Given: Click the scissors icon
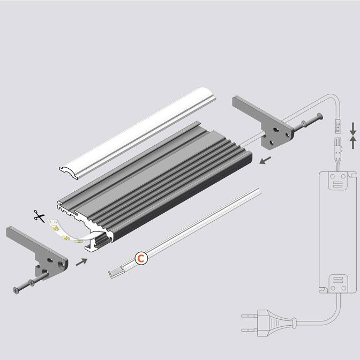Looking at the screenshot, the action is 39,216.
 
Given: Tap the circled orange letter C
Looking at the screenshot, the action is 141,259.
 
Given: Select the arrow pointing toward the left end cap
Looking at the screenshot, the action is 81,262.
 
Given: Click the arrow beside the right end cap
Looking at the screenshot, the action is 265,160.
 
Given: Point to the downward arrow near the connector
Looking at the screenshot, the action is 353,129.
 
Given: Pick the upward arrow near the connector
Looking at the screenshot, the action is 353,142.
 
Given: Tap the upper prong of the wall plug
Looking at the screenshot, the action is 249,316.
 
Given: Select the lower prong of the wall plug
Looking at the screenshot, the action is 249,331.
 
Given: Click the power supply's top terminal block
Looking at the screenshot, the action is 337,181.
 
